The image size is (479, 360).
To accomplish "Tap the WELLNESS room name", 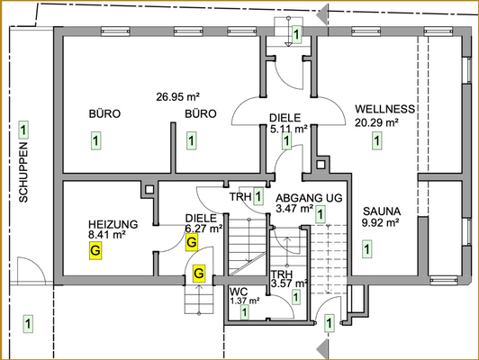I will (x=384, y=109).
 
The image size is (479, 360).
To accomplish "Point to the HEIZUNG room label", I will (x=113, y=224).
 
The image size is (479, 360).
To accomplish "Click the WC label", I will (x=239, y=292).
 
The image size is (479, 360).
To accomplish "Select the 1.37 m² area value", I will (x=244, y=301).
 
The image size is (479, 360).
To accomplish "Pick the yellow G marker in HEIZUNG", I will (x=95, y=252).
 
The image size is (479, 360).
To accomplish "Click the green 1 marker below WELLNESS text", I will (x=376, y=140).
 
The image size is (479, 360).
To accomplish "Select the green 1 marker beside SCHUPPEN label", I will (x=24, y=130).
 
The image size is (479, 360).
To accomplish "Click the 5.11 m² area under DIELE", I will (x=289, y=128).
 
